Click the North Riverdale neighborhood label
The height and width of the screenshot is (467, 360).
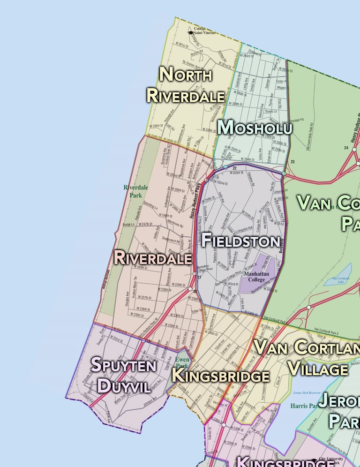[186, 84]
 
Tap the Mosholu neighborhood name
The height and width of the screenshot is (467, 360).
[255, 127]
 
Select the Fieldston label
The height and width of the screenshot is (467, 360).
[240, 241]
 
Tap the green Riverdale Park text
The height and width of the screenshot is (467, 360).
[135, 190]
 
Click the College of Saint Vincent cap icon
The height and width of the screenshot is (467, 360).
[190, 32]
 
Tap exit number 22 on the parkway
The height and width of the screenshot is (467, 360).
[234, 167]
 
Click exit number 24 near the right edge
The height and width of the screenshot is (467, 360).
[346, 148]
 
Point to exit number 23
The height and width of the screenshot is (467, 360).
[292, 162]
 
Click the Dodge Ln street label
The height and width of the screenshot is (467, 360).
[128, 225]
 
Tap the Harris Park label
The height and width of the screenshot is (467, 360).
[304, 405]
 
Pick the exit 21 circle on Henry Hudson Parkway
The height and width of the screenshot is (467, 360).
[195, 273]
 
